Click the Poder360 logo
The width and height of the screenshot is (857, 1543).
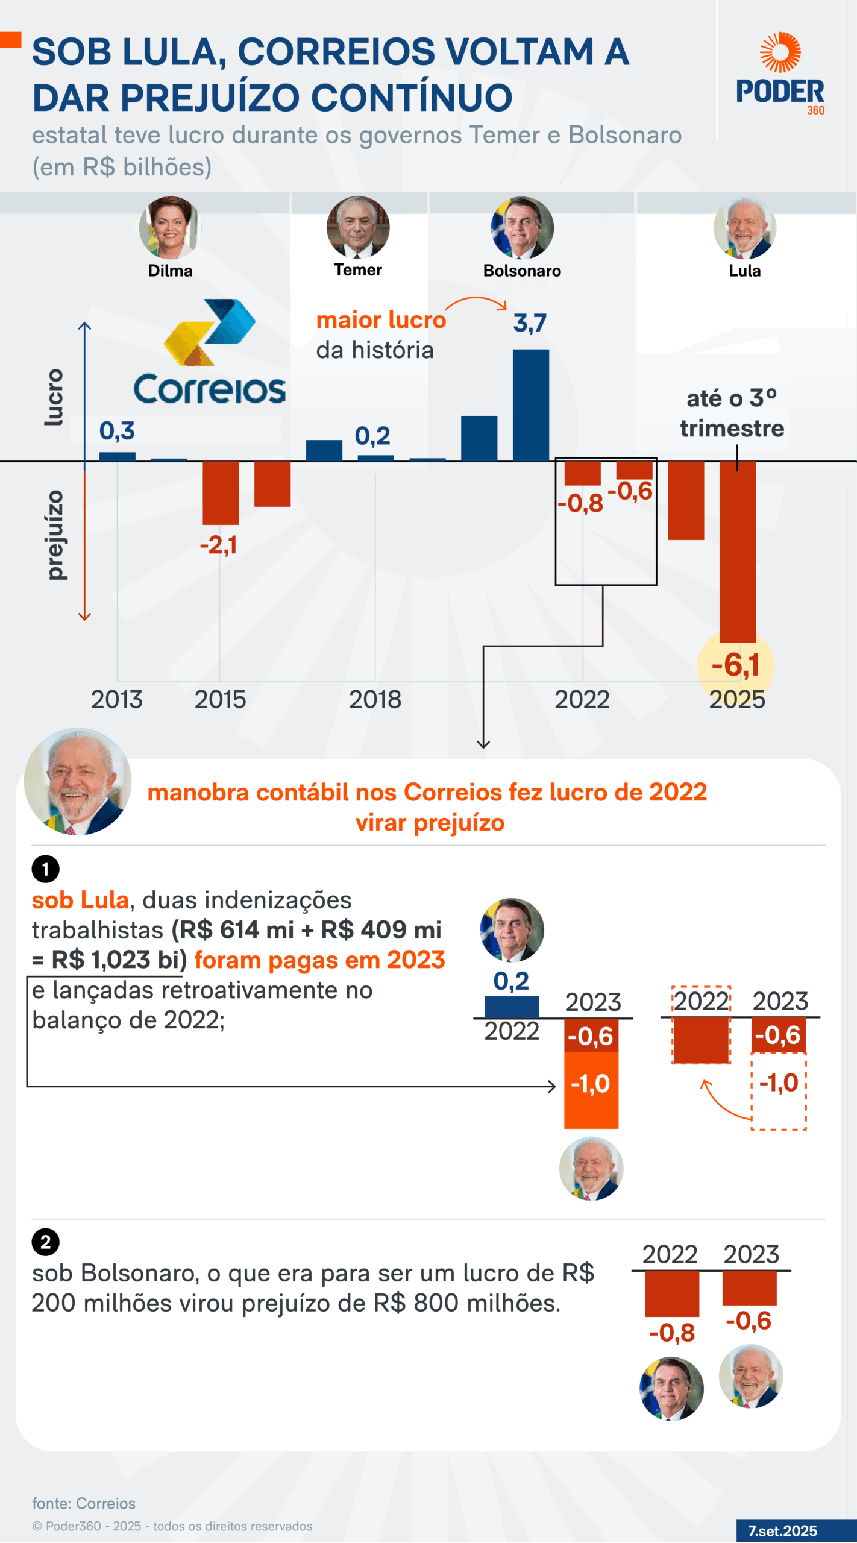click(780, 74)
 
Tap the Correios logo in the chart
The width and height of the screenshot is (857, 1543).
click(209, 353)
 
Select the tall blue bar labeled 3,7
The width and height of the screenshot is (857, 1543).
click(530, 405)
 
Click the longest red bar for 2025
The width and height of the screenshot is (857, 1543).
click(737, 552)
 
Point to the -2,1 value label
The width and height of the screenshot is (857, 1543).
click(218, 545)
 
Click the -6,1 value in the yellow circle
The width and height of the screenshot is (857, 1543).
click(735, 665)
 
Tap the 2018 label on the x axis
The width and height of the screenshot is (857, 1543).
click(375, 700)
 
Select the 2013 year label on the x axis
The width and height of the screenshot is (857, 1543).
click(117, 700)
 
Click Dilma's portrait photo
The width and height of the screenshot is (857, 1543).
click(170, 228)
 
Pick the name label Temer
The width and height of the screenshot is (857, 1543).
click(358, 270)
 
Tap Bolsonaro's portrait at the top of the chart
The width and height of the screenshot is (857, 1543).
click(522, 228)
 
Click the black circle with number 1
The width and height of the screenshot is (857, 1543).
click(46, 869)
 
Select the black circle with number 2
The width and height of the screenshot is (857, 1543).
click(46, 1242)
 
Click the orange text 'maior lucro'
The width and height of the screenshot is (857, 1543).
click(381, 320)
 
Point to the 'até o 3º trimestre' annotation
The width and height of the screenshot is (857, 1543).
click(732, 413)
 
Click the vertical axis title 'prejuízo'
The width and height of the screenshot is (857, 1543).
click(55, 535)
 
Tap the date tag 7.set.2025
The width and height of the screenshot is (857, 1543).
click(782, 1530)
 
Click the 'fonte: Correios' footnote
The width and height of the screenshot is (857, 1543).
click(84, 1503)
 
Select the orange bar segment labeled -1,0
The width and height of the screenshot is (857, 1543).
click(591, 1090)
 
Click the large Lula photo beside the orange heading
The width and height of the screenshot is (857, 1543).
click(78, 781)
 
